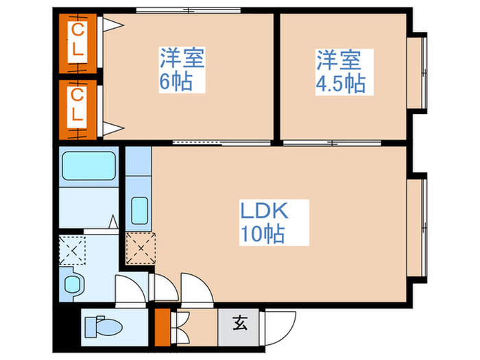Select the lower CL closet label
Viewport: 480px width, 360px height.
pos(78,105)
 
